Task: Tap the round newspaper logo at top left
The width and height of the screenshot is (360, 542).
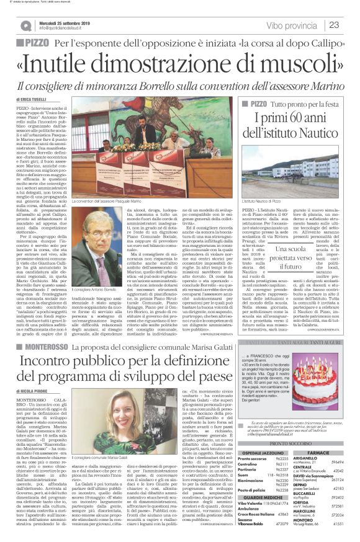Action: coord(25,25)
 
